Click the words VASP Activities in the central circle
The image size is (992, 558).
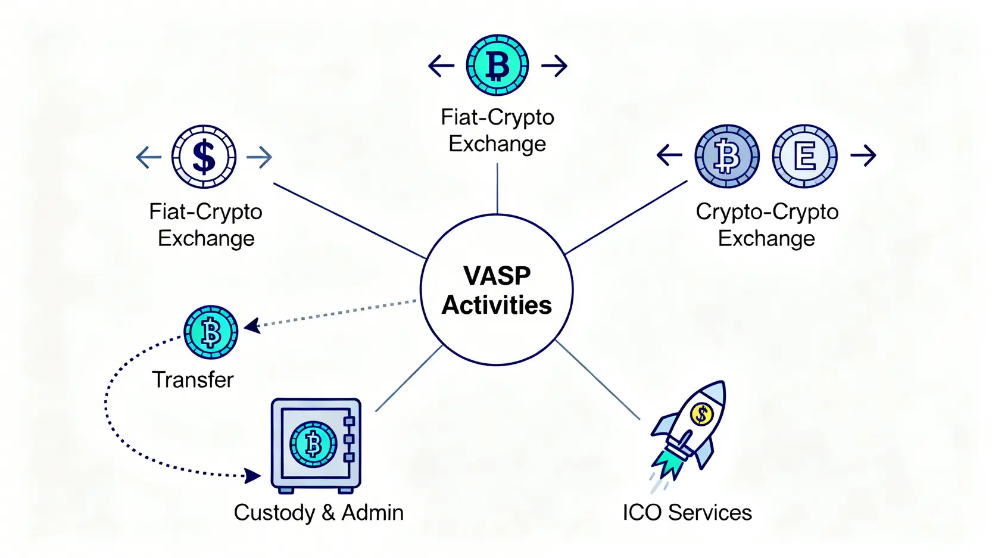tap(496, 291)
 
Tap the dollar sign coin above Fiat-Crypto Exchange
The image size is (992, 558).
tap(204, 157)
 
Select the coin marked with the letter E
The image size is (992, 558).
tap(804, 156)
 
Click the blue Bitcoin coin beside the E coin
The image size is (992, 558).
tap(727, 156)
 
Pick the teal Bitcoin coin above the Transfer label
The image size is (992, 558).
tap(211, 332)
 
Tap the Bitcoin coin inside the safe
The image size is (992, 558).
tap(313, 444)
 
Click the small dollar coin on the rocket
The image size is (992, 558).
tap(701, 413)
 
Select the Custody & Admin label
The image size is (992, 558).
tap(319, 512)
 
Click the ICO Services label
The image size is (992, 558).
tap(687, 512)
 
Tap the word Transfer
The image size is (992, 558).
tap(193, 379)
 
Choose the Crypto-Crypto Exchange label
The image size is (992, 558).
tap(767, 225)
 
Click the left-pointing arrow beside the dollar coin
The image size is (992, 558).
tap(148, 157)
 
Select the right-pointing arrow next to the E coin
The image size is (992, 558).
tap(863, 155)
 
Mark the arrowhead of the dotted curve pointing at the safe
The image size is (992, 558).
tap(254, 476)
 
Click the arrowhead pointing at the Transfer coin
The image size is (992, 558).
tap(252, 325)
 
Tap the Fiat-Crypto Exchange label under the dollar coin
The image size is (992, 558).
tap(206, 225)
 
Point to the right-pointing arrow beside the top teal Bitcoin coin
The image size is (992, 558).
tap(554, 66)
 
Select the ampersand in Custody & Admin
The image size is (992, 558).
tap(328, 513)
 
